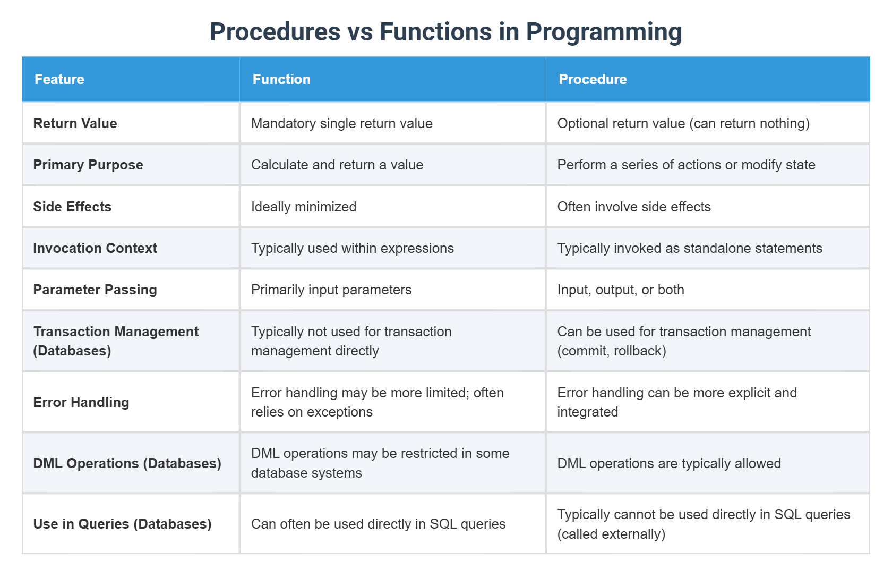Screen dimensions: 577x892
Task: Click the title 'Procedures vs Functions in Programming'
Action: (x=445, y=31)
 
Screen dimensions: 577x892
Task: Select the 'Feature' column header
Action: (x=59, y=79)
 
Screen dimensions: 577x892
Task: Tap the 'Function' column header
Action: (x=281, y=79)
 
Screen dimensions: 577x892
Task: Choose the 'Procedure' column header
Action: (x=593, y=79)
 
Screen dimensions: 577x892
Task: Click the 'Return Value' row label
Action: (x=75, y=123)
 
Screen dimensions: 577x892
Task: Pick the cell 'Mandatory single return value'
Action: (x=341, y=123)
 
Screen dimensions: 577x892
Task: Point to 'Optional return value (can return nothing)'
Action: (x=683, y=123)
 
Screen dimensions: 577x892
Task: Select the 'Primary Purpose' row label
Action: (x=88, y=165)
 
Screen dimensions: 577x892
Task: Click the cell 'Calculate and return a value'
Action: (x=337, y=165)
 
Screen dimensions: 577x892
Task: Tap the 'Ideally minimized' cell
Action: (x=304, y=207)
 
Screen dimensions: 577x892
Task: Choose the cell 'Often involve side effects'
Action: (x=634, y=207)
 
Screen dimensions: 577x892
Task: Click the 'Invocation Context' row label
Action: (x=95, y=248)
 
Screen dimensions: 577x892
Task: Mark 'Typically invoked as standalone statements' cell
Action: (x=689, y=248)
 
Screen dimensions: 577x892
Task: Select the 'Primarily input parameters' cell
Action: (x=331, y=290)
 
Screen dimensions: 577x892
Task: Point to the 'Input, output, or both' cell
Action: (x=621, y=290)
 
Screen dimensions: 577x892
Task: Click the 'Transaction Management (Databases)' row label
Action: (x=116, y=341)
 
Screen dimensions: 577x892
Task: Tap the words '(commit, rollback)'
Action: (x=612, y=351)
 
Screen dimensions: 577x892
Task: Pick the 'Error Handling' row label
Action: (x=81, y=402)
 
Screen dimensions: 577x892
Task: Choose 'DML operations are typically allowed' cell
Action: (x=669, y=463)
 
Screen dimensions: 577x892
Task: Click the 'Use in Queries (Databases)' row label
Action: (x=122, y=524)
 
